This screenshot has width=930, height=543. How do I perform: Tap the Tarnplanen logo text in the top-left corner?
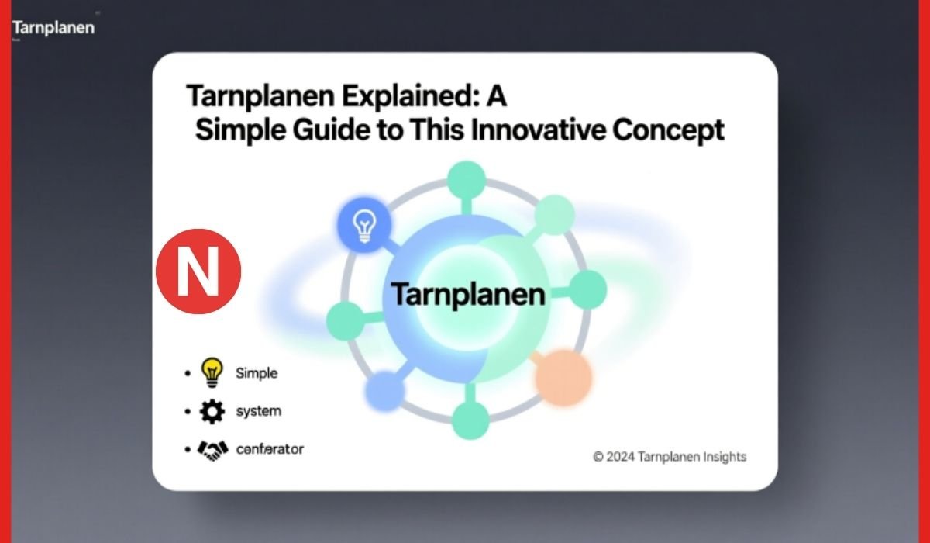pos(53,28)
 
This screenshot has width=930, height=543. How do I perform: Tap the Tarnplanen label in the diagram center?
pos(467,295)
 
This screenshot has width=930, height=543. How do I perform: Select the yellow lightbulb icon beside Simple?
pos(211,373)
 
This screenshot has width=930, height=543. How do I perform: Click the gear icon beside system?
pos(212,411)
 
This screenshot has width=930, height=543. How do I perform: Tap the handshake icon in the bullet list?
pos(212,449)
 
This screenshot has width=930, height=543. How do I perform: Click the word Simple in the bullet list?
pos(257,373)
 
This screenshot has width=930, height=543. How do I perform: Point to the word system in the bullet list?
pos(258,411)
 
